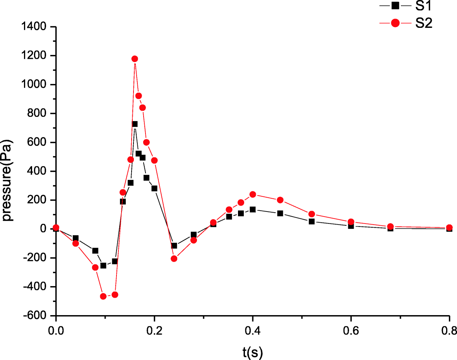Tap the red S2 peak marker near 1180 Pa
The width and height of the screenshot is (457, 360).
pos(135,59)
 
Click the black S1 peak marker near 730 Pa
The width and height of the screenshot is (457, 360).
pos(135,124)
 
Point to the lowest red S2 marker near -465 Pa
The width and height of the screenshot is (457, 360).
pos(103,296)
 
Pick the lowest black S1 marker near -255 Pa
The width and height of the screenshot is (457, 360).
pos(103,266)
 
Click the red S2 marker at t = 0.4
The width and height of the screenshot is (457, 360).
pos(253,194)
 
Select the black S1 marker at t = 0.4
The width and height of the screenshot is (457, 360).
pos(253,210)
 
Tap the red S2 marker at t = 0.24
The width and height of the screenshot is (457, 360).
pos(174,259)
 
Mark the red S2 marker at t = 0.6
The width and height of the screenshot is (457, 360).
pos(351,222)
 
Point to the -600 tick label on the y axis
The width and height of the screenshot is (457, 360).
pos(37,316)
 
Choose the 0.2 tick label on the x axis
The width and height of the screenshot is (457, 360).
pos(154,331)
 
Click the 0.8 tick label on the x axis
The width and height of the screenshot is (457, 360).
pos(449,331)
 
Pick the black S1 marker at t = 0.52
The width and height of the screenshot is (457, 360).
pos(312,222)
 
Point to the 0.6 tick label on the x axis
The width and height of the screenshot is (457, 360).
pos(351,331)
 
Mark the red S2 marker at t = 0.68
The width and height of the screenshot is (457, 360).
pos(390,227)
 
